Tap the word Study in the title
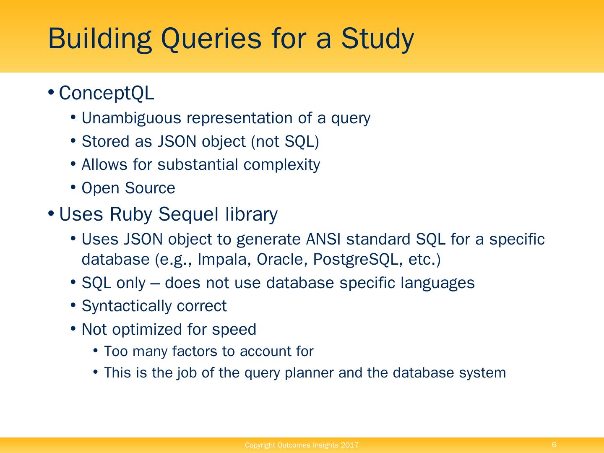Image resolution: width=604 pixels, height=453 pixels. tap(377, 39)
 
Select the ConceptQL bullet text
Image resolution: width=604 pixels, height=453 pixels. tap(107, 93)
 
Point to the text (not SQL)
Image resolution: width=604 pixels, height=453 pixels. tap(285, 142)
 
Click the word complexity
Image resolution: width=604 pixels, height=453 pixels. tap(281, 165)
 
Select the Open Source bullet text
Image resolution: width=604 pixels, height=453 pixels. tap(128, 188)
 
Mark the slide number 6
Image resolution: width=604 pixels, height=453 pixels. tap(554, 445)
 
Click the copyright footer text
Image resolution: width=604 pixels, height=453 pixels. tap(302, 445)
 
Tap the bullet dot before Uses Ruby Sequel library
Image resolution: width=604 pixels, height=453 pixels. tap(51, 214)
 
